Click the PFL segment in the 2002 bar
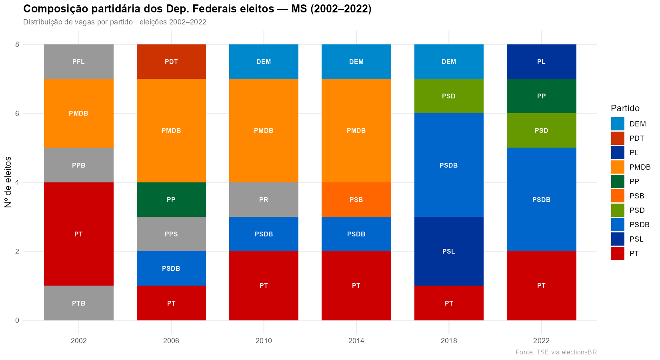tap(78, 62)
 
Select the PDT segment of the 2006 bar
tap(171, 62)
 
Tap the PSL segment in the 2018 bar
tap(449, 251)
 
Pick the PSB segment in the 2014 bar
tap(356, 200)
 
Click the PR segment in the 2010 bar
tap(264, 200)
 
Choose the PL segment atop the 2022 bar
tap(541, 62)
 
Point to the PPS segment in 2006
tap(171, 234)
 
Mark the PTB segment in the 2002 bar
tap(78, 303)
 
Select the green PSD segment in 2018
tap(449, 96)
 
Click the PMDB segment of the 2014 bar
tap(356, 130)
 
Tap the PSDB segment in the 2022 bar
tap(541, 200)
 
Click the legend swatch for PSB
tap(618, 196)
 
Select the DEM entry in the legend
tap(637, 124)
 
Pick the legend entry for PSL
tap(636, 239)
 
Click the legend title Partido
tap(625, 108)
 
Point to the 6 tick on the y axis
tap(17, 113)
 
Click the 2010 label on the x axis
tap(264, 341)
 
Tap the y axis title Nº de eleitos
tap(8, 182)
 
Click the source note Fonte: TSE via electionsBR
tap(556, 352)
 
